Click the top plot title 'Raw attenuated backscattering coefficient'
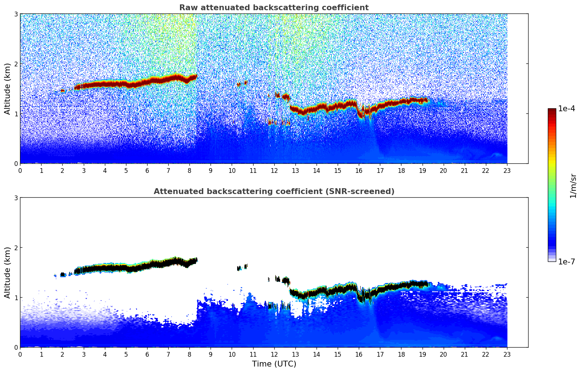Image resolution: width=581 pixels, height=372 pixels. (x=274, y=8)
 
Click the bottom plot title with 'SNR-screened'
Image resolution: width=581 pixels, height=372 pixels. (x=274, y=191)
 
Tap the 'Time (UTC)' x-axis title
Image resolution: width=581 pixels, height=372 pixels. (x=274, y=364)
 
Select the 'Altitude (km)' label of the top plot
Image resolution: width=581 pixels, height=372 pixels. (x=7, y=89)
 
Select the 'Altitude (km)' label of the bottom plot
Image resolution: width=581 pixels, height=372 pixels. (x=7, y=272)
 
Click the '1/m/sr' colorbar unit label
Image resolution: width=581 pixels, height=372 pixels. (x=573, y=186)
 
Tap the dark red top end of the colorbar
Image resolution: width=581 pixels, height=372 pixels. (x=552, y=110)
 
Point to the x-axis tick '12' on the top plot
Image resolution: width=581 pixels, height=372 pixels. (x=274, y=170)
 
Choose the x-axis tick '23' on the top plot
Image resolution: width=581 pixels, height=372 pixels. (x=507, y=170)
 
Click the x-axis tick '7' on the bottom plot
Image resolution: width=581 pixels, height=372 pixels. (x=168, y=354)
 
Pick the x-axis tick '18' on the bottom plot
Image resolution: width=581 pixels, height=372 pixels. (x=401, y=354)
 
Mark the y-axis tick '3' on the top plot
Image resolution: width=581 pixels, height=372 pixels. (x=16, y=14)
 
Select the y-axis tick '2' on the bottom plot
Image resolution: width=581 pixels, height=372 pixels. (x=16, y=248)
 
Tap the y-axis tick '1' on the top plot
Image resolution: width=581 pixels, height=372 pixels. (x=16, y=114)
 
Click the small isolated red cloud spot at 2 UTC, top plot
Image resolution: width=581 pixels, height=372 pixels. (x=62, y=91)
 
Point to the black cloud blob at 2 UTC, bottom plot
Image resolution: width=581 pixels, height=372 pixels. (x=63, y=274)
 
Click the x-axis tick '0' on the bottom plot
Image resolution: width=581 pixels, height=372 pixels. (x=20, y=354)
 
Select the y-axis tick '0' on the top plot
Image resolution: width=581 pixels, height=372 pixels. (x=16, y=164)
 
